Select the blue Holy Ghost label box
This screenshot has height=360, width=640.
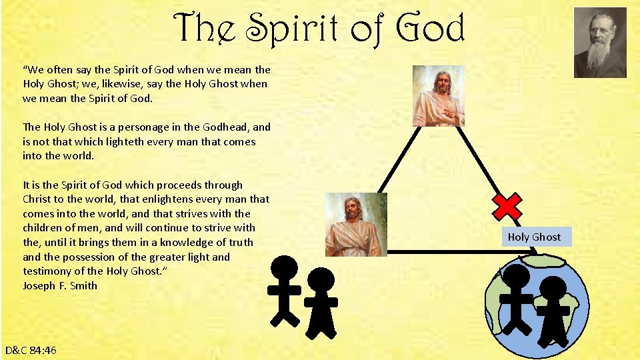point(534,237)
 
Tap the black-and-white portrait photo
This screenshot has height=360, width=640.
point(600,43)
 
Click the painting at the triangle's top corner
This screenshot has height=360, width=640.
point(438,96)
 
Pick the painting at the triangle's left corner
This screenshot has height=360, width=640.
point(356,225)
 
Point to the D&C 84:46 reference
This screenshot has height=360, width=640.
point(31,350)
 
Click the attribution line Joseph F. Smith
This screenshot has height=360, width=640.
point(60,285)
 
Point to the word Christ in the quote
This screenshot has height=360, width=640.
point(39,199)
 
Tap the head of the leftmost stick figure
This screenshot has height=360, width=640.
point(285,271)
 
